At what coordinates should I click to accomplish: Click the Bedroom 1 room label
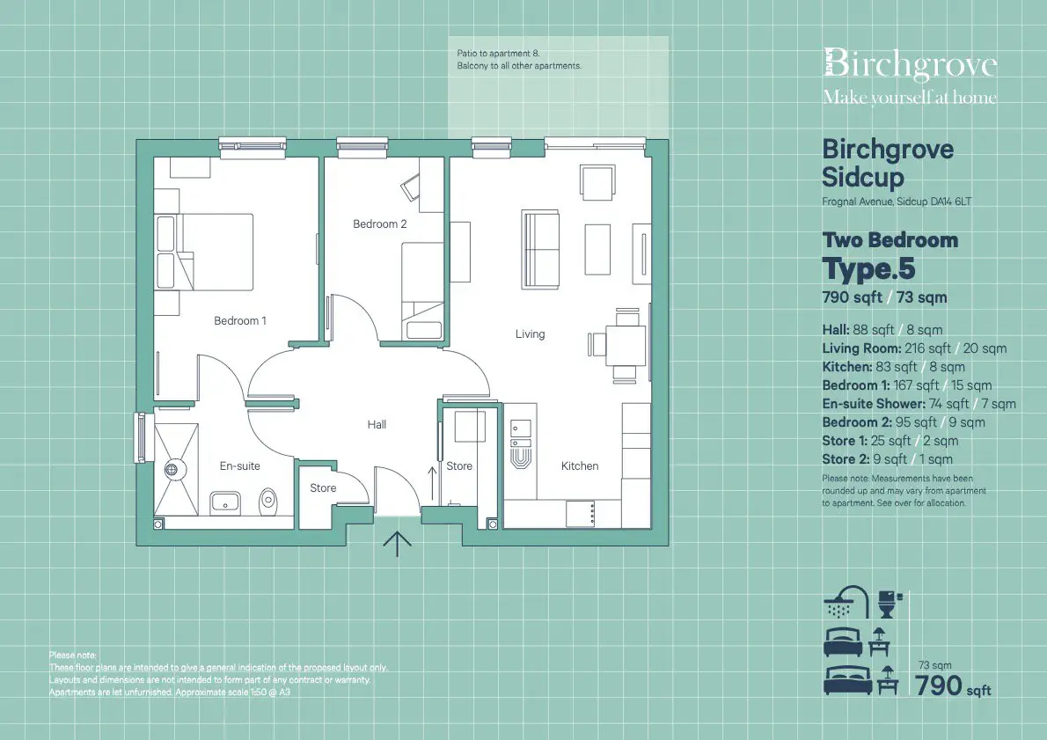point(239,320)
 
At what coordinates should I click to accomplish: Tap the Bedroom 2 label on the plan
point(379,223)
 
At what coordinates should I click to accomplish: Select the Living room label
point(530,334)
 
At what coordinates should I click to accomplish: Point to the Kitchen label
point(580,465)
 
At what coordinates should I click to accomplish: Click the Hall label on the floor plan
point(377,424)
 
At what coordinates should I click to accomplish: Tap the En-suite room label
point(239,465)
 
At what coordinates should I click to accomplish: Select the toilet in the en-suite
point(268,499)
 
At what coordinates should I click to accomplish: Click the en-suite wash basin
point(226,502)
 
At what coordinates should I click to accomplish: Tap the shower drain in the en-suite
point(172,470)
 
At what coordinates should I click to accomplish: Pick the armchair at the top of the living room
point(597,182)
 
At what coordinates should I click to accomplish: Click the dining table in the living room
point(626,345)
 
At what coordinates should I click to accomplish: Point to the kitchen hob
point(581,514)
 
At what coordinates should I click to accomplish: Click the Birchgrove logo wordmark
point(910,65)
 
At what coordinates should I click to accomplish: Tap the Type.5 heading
point(868,268)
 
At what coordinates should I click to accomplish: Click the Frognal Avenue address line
point(897,201)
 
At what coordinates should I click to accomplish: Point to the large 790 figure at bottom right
point(938,686)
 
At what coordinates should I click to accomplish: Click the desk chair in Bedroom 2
point(410,187)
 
